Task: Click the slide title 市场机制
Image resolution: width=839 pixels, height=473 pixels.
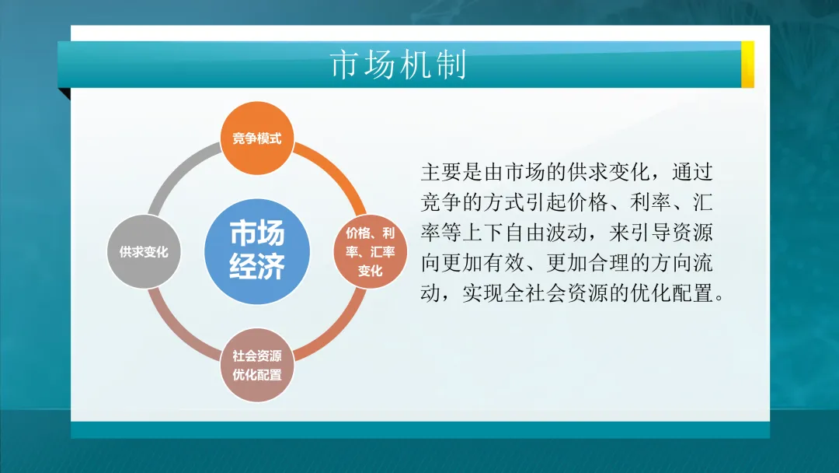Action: click(398, 65)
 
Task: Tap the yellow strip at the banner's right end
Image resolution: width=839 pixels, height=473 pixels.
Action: click(747, 65)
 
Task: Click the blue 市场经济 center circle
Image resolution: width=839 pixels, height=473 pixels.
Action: click(257, 251)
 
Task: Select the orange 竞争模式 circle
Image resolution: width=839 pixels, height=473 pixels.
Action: click(257, 139)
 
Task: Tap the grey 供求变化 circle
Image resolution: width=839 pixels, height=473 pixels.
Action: click(144, 252)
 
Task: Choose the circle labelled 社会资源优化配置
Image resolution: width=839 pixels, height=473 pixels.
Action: click(257, 366)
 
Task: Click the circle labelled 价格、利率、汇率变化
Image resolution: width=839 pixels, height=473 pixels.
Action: click(371, 252)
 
